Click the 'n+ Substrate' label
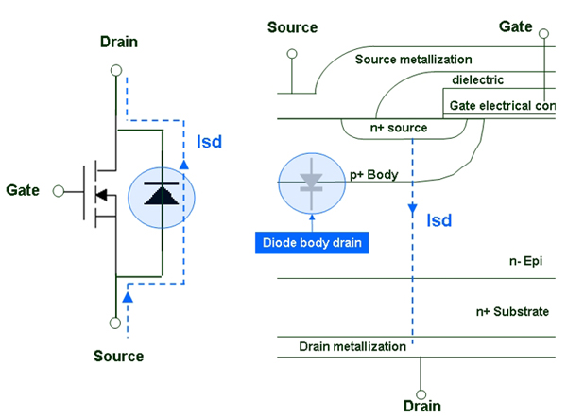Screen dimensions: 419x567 coord(510,310)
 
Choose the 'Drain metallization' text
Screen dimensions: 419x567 coord(352,347)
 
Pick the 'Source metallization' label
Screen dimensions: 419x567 coord(414,60)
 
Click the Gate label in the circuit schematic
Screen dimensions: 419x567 coord(24,190)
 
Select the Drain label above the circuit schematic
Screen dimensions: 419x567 coord(119,43)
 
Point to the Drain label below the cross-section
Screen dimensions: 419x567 coord(421,406)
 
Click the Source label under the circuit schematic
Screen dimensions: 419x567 coord(119,357)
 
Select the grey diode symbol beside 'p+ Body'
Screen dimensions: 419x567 coord(311,182)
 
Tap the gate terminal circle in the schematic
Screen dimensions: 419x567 coord(57,190)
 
